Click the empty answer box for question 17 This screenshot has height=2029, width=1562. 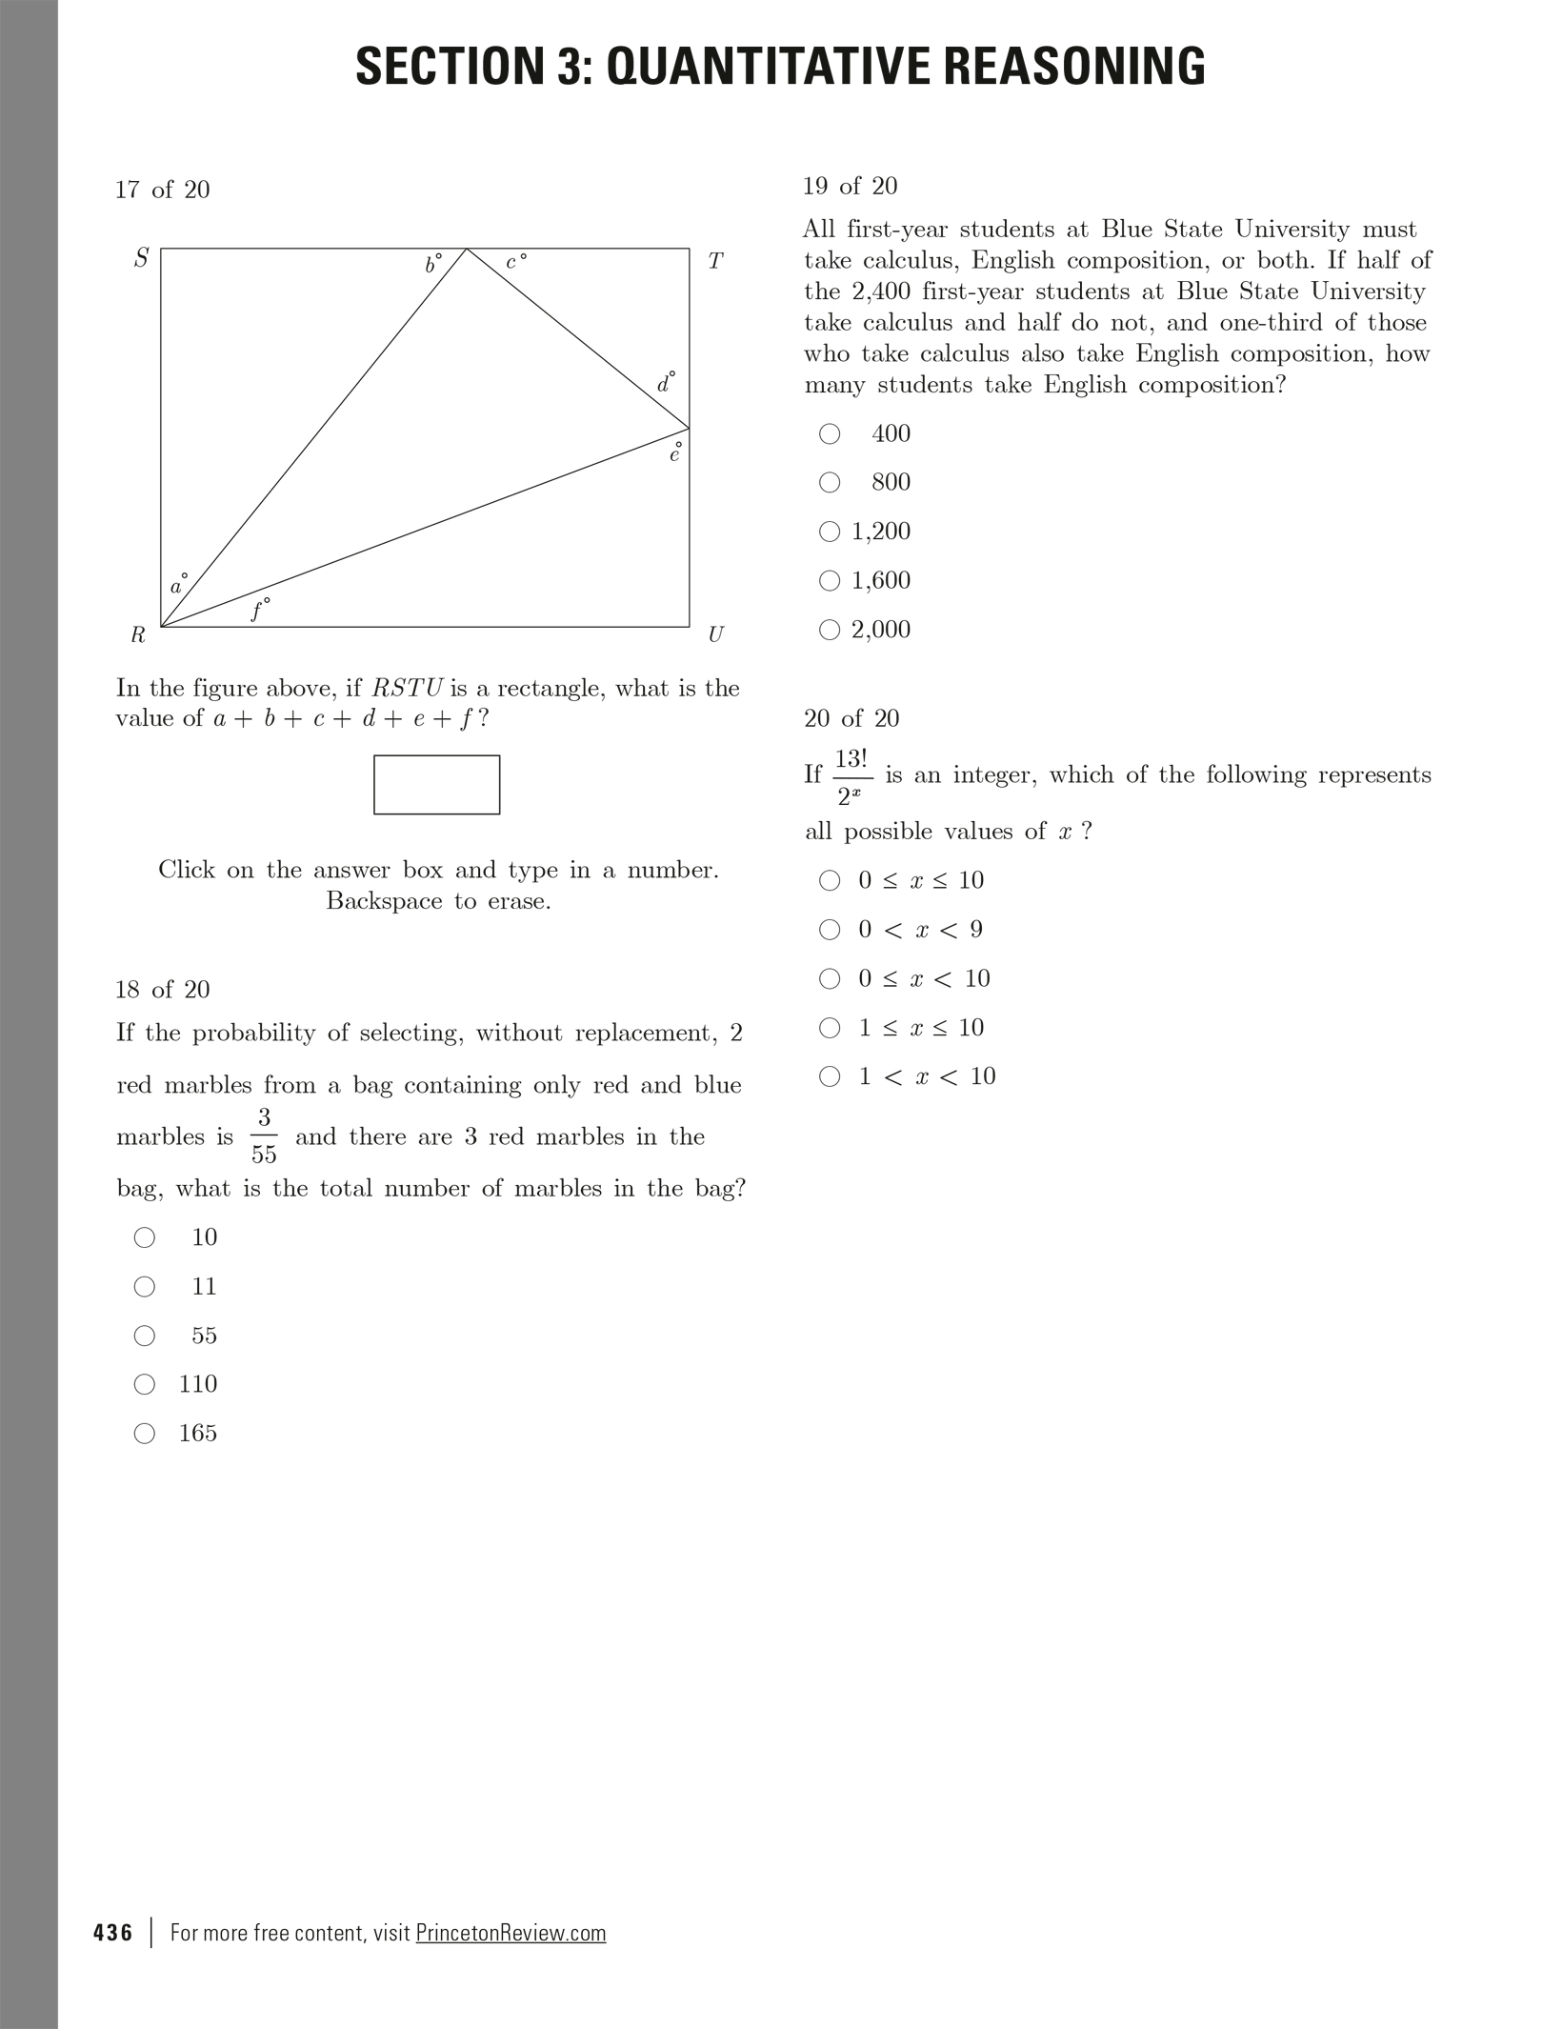[x=436, y=784]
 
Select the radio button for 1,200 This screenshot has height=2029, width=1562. [x=830, y=532]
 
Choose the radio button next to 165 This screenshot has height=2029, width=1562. [x=145, y=1433]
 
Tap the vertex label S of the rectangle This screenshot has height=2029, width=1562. [x=141, y=258]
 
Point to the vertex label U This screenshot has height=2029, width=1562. [x=715, y=634]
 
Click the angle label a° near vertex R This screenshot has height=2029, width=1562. [x=178, y=585]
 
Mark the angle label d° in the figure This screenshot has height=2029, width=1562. [x=666, y=383]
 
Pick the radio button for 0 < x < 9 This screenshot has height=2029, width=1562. [x=830, y=930]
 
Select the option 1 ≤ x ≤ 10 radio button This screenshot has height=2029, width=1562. [x=830, y=1028]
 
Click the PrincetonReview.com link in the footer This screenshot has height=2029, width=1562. [x=511, y=1933]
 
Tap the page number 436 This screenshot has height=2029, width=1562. [x=113, y=1933]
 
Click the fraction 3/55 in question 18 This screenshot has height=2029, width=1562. [x=264, y=1135]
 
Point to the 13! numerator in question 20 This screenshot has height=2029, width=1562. [x=851, y=759]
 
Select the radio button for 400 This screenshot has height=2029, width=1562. [x=830, y=433]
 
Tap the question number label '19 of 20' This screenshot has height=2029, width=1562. [x=850, y=186]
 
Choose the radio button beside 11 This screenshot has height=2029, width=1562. [x=145, y=1287]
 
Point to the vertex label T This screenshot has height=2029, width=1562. [x=715, y=261]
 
